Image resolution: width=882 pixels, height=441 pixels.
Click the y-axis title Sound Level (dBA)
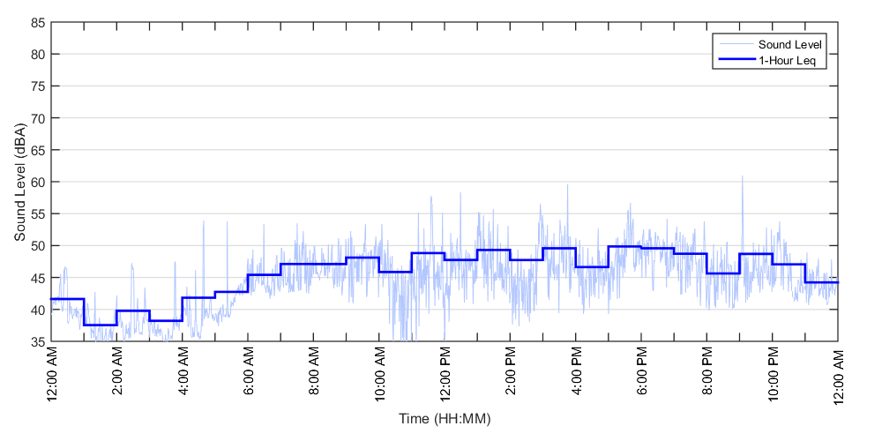[x=19, y=182]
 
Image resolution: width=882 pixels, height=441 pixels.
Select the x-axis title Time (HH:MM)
[x=444, y=417]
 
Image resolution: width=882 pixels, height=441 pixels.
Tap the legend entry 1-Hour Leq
[x=788, y=60]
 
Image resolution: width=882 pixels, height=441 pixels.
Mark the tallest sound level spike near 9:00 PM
[x=742, y=176]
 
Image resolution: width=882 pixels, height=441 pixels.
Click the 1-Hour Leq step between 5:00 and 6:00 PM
[x=624, y=247]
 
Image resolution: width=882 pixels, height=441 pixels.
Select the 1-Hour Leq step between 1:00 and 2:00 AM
[x=101, y=325]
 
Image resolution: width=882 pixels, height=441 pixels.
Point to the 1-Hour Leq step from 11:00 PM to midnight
[x=821, y=282]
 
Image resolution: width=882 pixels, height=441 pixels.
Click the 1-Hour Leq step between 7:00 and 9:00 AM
[x=313, y=264]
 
